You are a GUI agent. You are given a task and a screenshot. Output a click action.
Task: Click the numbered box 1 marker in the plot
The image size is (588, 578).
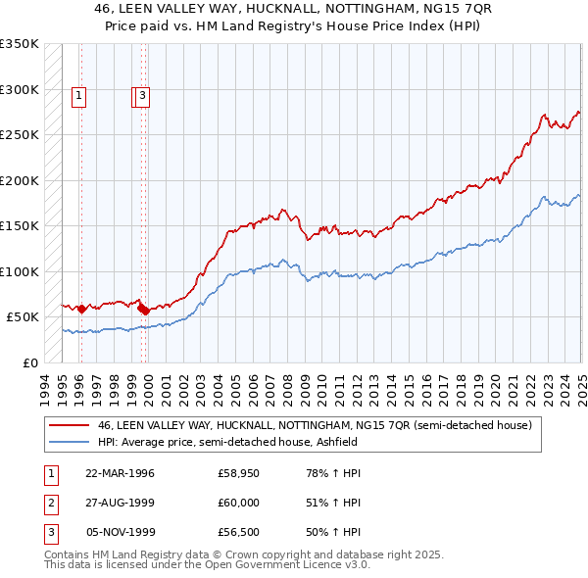point(77,96)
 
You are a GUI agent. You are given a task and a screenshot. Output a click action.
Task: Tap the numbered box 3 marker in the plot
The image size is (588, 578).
point(143,96)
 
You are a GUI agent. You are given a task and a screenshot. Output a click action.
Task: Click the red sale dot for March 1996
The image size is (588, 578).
point(81,309)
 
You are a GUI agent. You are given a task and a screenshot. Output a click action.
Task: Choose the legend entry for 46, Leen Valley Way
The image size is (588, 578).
point(314,425)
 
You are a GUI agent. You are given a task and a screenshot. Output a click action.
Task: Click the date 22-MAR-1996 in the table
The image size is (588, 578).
point(121,473)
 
